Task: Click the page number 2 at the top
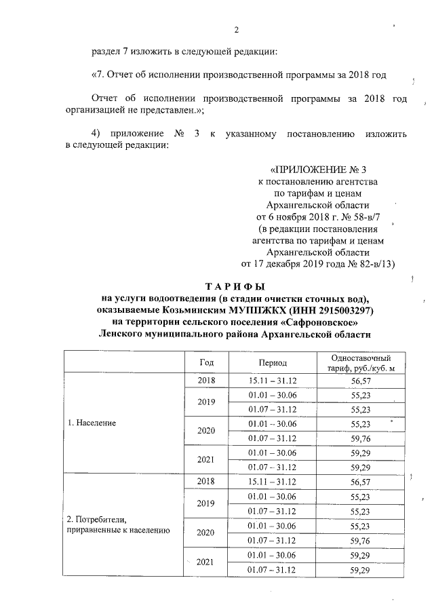(x=236, y=30)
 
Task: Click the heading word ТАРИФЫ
(x=235, y=286)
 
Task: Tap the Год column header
(x=207, y=362)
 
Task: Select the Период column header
(x=273, y=362)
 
